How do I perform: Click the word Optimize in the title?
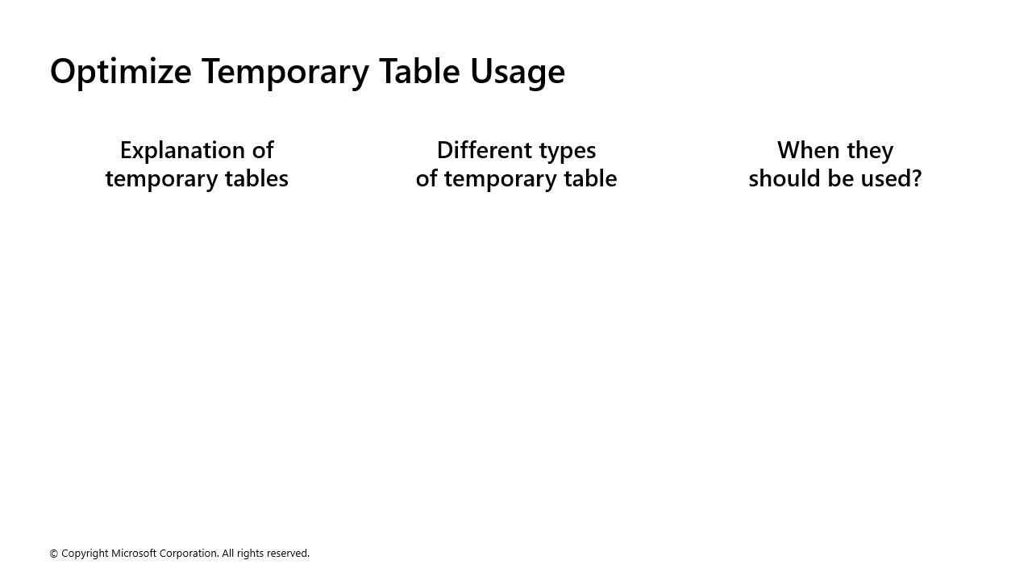pos(120,72)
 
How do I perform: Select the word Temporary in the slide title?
pos(285,72)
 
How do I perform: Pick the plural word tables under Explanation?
pos(254,178)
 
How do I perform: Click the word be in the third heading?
pos(845,178)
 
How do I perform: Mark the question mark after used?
pos(916,178)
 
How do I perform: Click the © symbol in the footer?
pos(54,554)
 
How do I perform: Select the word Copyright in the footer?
pos(85,554)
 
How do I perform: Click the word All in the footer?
pos(228,554)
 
